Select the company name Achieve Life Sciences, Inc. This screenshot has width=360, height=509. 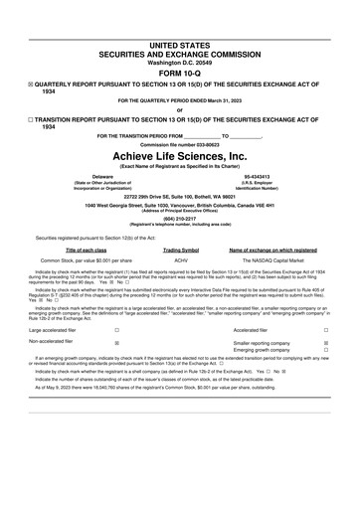coord(180,156)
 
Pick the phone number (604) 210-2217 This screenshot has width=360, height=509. coord(180,220)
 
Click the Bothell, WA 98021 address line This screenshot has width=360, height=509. coord(180,195)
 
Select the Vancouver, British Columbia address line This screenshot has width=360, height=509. coord(180,204)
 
